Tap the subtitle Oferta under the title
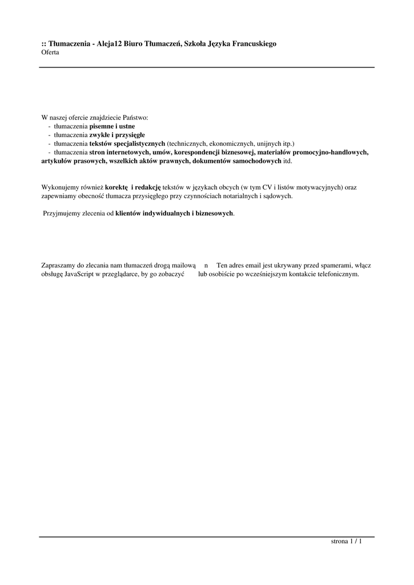tap(50, 52)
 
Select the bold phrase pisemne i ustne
tap(112, 126)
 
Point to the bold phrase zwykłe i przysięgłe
tap(117, 134)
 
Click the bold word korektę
tap(116, 187)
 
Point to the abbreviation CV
tap(267, 187)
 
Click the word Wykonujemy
tap(60, 187)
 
